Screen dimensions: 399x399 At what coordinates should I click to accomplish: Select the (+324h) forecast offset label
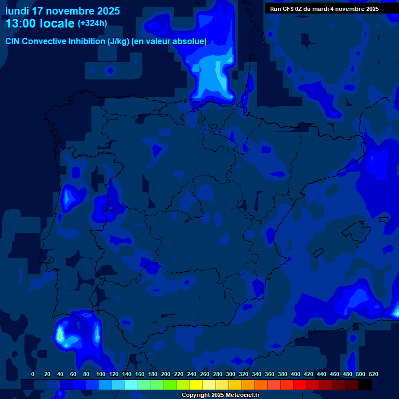coord(92,23)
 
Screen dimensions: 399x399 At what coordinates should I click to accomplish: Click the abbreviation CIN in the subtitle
coord(12,42)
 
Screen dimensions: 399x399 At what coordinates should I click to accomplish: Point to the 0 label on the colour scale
coord(33,375)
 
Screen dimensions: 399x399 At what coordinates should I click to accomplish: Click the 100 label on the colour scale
coord(100,375)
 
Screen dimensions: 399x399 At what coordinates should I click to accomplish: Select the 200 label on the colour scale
coord(166,375)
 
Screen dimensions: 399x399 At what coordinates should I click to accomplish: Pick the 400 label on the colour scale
coord(296,375)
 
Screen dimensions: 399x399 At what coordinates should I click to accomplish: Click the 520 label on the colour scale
coord(373,375)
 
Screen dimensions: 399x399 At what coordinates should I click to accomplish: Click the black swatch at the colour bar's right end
coord(365,385)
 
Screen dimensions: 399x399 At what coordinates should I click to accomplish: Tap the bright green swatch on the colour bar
coord(170,385)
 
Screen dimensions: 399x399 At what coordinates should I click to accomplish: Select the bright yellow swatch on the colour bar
coord(196,385)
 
